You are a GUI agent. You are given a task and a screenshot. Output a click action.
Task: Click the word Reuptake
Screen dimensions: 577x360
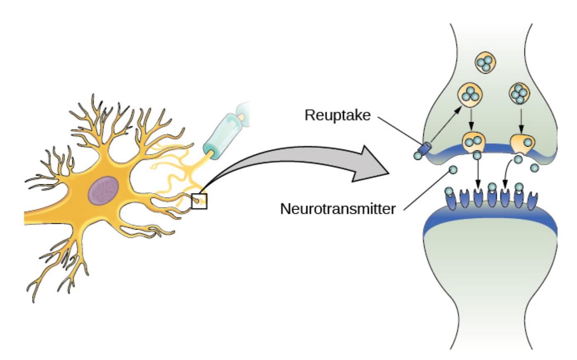[337, 115]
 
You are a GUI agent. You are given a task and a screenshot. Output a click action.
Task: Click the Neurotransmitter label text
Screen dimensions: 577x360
[338, 208]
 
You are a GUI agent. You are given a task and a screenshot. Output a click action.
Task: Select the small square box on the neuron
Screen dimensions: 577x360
[199, 201]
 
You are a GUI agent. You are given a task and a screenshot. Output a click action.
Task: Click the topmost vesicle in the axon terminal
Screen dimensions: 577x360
[485, 63]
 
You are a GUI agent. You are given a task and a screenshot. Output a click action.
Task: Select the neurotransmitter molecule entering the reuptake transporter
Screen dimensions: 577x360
[418, 155]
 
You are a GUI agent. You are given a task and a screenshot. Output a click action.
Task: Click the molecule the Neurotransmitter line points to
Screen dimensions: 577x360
[453, 170]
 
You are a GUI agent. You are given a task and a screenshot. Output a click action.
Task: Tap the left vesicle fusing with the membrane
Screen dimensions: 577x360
[474, 143]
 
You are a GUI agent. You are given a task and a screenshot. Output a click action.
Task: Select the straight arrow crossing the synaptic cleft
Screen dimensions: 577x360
[478, 175]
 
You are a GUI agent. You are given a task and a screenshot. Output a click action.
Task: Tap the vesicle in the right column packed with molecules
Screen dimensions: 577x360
[519, 94]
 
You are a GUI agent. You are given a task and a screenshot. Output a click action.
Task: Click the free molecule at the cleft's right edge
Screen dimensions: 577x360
[534, 168]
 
